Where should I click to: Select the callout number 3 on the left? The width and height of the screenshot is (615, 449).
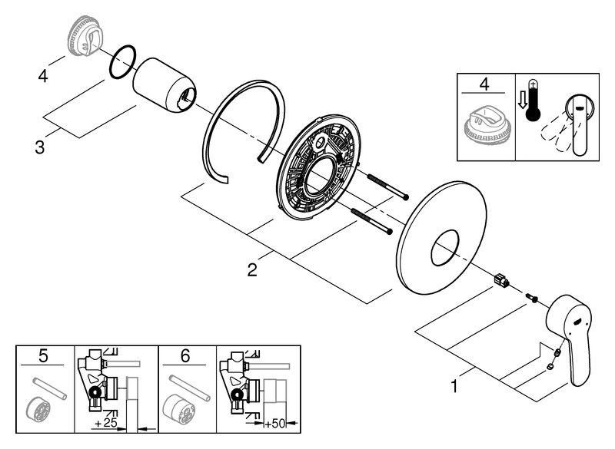coord(39,146)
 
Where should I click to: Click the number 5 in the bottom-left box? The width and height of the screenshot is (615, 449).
coord(44,355)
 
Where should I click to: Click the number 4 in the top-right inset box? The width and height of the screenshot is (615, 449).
coord(484,84)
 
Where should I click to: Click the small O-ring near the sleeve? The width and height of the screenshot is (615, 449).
coord(121,62)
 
